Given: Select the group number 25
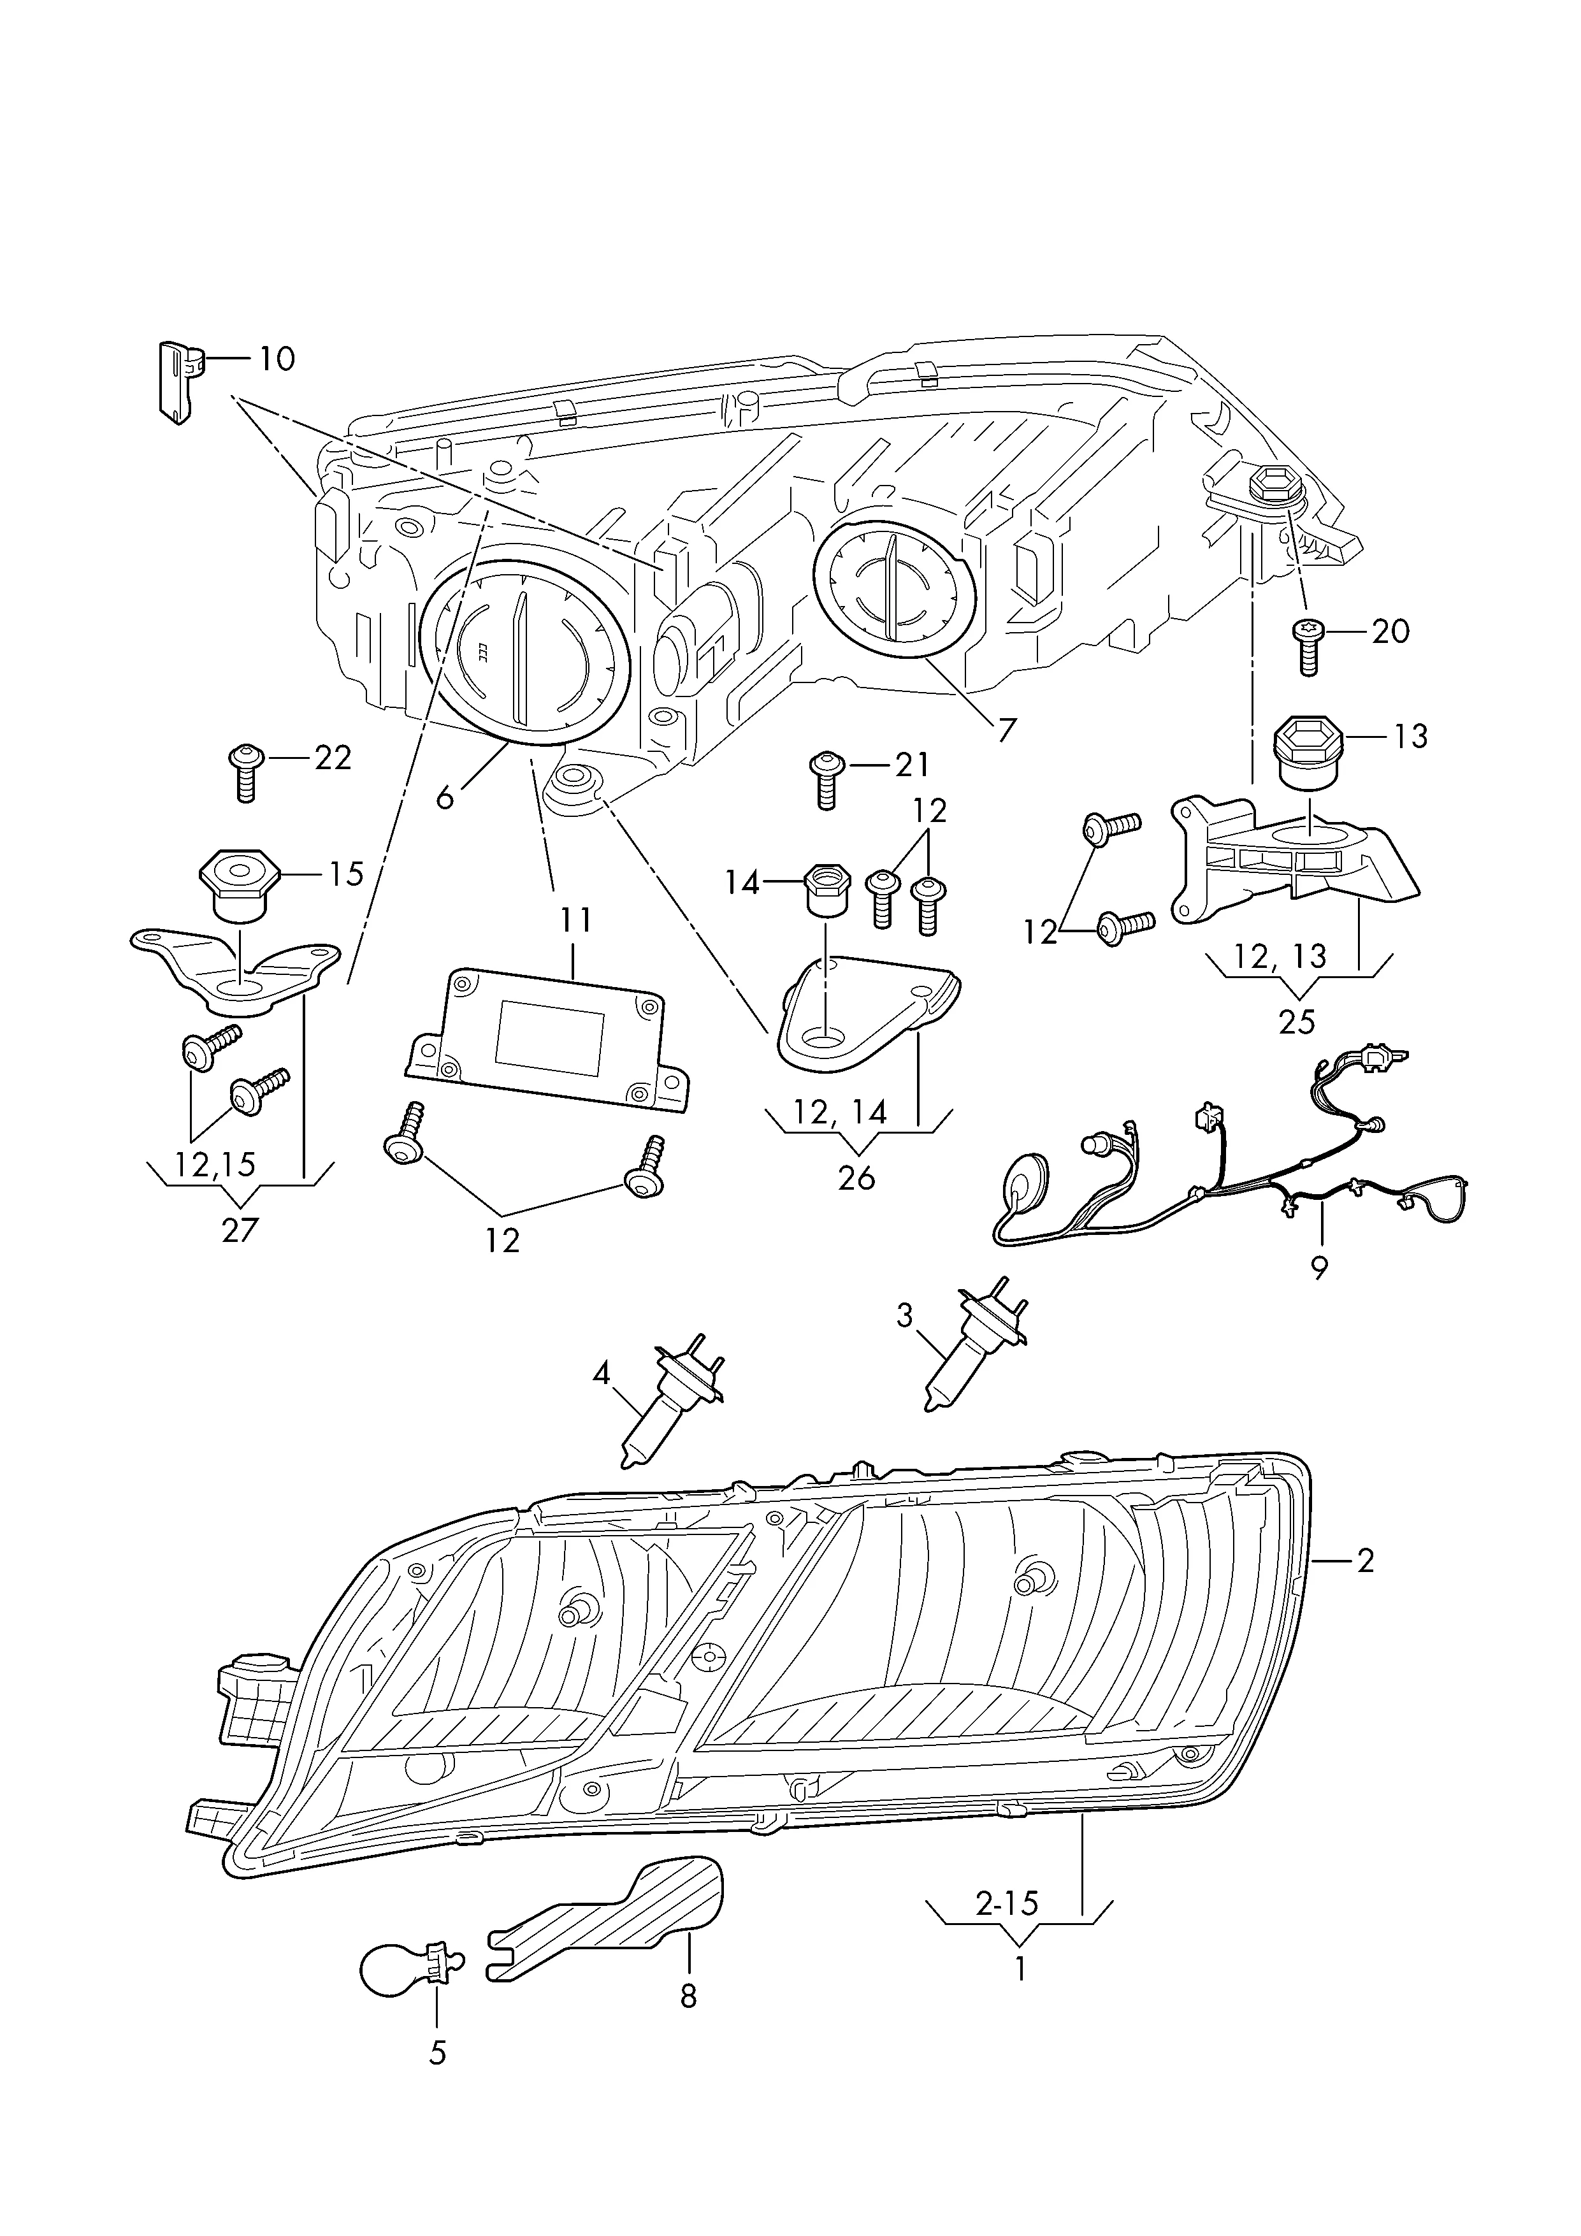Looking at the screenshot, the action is (1297, 1021).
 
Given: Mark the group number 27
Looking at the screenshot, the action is (240, 1230).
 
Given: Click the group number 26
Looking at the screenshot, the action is (857, 1178).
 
